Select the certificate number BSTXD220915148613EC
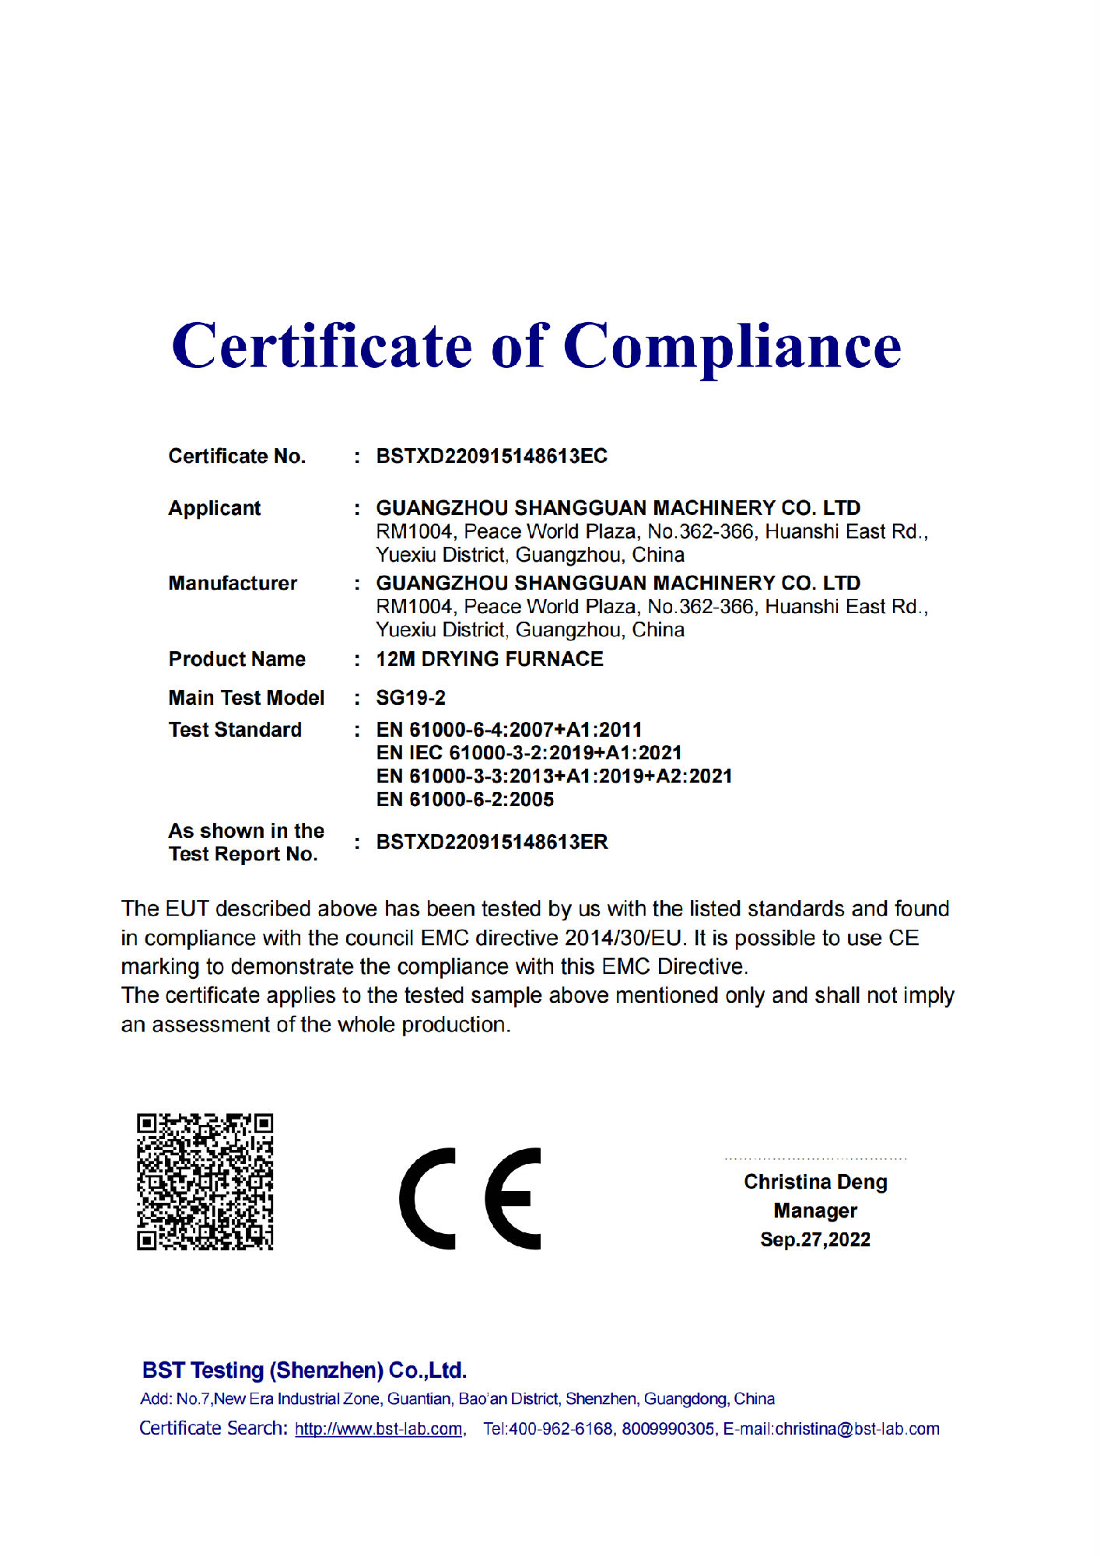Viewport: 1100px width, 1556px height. (x=492, y=456)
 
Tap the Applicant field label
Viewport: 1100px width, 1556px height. (x=215, y=508)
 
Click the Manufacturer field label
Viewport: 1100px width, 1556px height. (x=233, y=583)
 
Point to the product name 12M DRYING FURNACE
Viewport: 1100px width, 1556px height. (x=489, y=659)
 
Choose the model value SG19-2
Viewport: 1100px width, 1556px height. (x=411, y=698)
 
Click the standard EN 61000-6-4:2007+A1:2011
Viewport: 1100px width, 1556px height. (x=509, y=730)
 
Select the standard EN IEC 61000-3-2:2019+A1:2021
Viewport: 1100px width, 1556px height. (x=529, y=753)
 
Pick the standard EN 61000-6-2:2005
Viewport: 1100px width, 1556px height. (x=464, y=800)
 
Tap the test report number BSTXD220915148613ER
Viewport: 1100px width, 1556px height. (x=492, y=842)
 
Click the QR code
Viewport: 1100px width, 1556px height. (x=205, y=1182)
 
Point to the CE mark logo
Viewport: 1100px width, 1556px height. (x=471, y=1198)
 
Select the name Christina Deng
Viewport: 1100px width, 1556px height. (x=815, y=1182)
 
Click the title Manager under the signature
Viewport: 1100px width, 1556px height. (x=815, y=1211)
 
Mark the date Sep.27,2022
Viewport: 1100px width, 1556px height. (x=815, y=1239)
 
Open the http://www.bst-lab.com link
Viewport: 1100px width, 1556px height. (x=379, y=1429)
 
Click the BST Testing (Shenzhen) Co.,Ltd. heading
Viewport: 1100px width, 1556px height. (x=304, y=1370)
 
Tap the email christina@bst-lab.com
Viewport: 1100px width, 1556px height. (x=857, y=1429)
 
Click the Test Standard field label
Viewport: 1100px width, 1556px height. (x=235, y=730)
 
